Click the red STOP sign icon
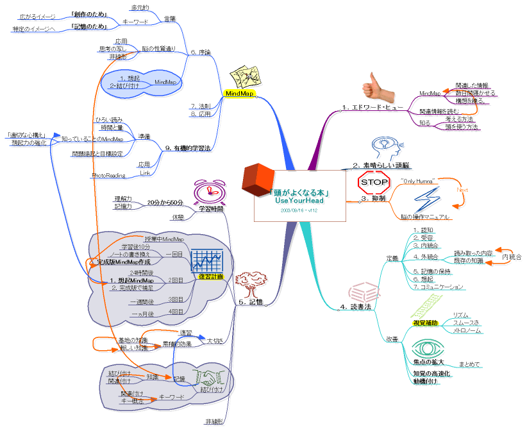pyautogui.click(x=374, y=182)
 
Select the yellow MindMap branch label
pyautogui.click(x=240, y=94)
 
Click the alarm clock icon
pyautogui.click(x=208, y=192)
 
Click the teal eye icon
pyautogui.click(x=426, y=350)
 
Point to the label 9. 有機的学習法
pyautogui.click(x=188, y=148)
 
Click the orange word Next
pyautogui.click(x=462, y=190)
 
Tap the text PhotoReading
pyautogui.click(x=108, y=174)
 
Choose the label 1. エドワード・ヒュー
pyautogui.click(x=371, y=107)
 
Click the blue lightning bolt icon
pyautogui.click(x=424, y=200)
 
